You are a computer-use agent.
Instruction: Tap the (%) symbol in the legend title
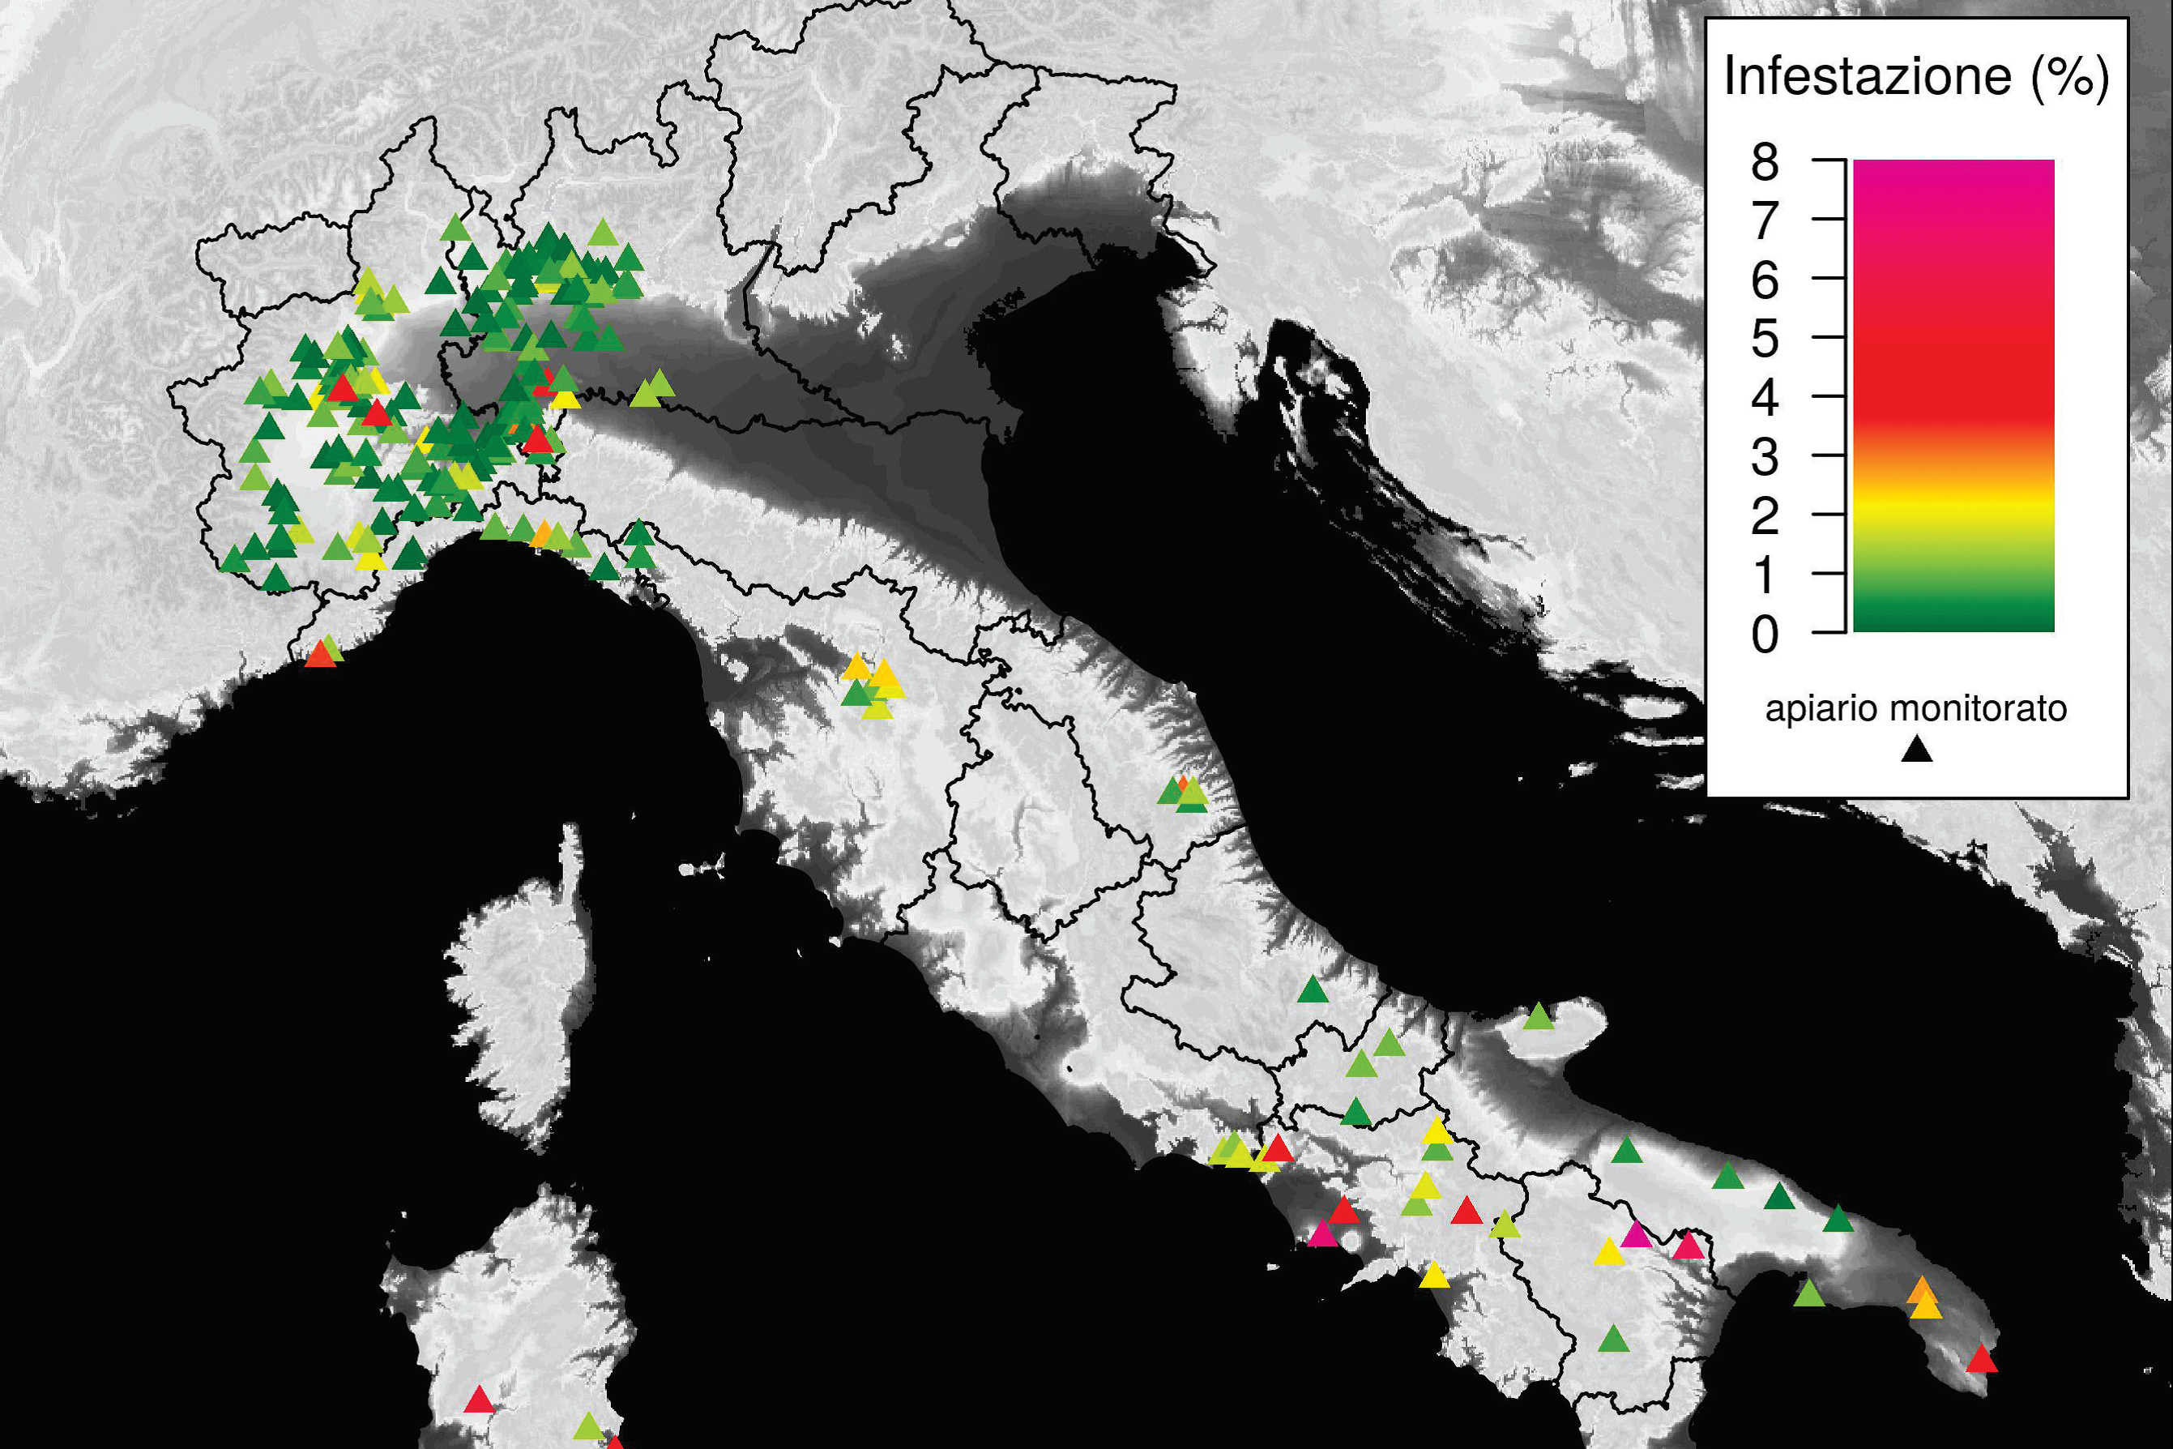[x=2069, y=76]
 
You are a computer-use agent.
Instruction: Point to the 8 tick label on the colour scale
[x=1765, y=163]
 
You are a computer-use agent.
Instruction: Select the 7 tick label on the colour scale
[x=1765, y=222]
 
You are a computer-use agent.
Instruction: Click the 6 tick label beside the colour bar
[x=1765, y=280]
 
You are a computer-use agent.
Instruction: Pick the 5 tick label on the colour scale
[x=1765, y=339]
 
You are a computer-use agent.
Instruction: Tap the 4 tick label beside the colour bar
[x=1765, y=398]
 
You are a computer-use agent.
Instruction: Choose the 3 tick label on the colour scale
[x=1765, y=457]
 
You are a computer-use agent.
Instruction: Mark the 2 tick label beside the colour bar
[x=1765, y=516]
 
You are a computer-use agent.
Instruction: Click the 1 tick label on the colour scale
[x=1765, y=575]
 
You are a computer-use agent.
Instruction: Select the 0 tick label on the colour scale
[x=1765, y=635]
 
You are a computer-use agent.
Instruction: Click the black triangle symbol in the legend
[x=1917, y=750]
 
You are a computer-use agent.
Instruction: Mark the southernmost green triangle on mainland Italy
[x=1613, y=1339]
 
